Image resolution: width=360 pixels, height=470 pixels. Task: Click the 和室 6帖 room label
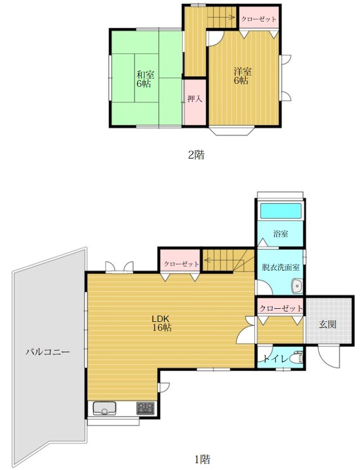pos(145,79)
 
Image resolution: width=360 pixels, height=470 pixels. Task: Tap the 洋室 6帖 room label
pos(242,76)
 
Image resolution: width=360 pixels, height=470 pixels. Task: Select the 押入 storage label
pos(195,98)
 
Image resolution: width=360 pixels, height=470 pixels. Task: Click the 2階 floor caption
pos(196,155)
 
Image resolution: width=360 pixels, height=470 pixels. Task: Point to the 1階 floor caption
pos(202,459)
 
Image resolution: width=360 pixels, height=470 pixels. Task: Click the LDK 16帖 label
pos(162,323)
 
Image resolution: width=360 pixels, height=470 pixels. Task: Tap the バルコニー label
pos(48,351)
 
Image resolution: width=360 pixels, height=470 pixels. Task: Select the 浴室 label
pos(280,234)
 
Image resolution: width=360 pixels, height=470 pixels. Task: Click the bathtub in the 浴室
pos(280,211)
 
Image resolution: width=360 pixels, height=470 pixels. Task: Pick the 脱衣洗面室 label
pos(280,267)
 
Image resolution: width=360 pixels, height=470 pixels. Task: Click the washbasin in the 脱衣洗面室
pos(297,286)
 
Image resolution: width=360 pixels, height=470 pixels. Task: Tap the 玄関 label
pos(328,324)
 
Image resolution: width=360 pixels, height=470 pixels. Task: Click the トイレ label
pos(276,359)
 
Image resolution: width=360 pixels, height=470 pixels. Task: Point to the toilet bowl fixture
pos(298,357)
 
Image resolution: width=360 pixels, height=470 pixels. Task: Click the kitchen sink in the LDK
pos(105,409)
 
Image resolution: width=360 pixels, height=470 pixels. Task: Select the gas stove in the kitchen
pos(145,408)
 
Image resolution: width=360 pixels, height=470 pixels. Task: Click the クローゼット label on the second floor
pos(258,19)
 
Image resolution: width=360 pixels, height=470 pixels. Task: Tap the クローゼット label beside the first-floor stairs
pos(181,264)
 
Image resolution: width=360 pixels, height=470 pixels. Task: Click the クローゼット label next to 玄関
pos(281,308)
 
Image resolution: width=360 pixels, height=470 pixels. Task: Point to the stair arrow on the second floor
pos(221,17)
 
